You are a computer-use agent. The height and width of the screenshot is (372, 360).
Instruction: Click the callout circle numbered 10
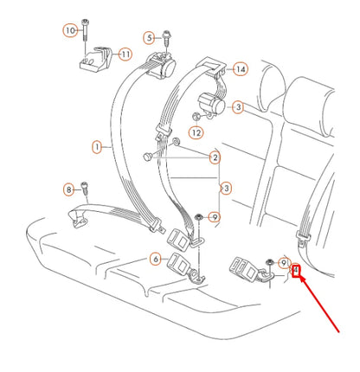[x=69, y=31]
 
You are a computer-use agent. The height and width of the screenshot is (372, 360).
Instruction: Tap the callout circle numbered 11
[x=125, y=54]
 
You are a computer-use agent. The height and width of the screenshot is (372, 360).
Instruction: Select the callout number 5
[x=149, y=37]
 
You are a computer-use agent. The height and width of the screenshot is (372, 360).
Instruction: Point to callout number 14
[x=240, y=68]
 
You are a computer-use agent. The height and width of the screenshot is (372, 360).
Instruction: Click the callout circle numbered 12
[x=196, y=132]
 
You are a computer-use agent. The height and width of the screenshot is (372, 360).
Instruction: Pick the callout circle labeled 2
[x=214, y=157]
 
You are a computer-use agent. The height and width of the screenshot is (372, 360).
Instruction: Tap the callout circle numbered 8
[x=69, y=189]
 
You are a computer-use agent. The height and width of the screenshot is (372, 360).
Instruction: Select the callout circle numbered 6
[x=155, y=257]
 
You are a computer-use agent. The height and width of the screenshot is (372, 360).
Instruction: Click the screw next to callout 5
[x=164, y=37]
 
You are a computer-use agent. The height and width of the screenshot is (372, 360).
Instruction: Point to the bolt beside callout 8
[x=86, y=188]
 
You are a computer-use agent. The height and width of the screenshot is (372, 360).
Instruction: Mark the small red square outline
[x=295, y=273]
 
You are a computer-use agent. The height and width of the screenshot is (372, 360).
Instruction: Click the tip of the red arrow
[x=299, y=279]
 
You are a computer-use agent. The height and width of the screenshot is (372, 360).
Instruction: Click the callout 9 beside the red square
[x=283, y=261]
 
